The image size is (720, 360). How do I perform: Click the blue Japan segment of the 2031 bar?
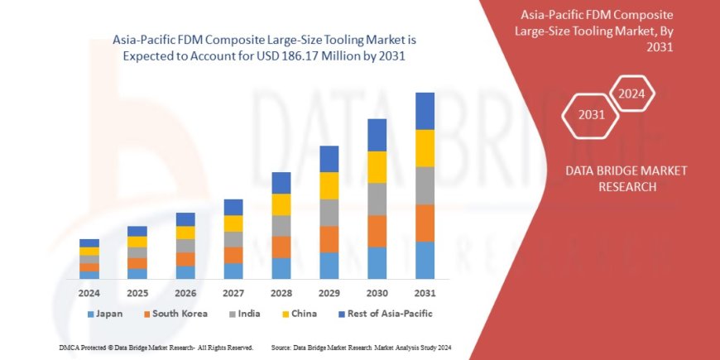pyautogui.click(x=425, y=260)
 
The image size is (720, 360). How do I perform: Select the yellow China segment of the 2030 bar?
pyautogui.click(x=377, y=167)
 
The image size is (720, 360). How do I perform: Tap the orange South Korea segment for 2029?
pyautogui.click(x=329, y=239)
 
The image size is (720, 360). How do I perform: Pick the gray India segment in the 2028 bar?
pyautogui.click(x=281, y=226)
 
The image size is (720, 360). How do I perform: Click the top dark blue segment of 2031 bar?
pyautogui.click(x=425, y=111)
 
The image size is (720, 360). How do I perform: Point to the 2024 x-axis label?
pyautogui.click(x=89, y=293)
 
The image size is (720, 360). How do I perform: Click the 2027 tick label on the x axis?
pyautogui.click(x=233, y=293)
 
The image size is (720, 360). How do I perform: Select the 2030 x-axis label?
pyautogui.click(x=377, y=293)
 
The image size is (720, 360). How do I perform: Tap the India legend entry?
pyautogui.click(x=246, y=314)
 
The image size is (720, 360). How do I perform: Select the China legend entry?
pyautogui.click(x=298, y=314)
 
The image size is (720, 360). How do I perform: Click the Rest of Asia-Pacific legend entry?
pyautogui.click(x=385, y=314)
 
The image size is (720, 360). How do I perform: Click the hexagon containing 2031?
pyautogui.click(x=591, y=114)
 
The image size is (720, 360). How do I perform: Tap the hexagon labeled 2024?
pyautogui.click(x=632, y=93)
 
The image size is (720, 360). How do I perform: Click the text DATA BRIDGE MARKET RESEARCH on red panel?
pyautogui.click(x=626, y=178)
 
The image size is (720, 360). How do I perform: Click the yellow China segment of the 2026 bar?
pyautogui.click(x=185, y=233)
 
